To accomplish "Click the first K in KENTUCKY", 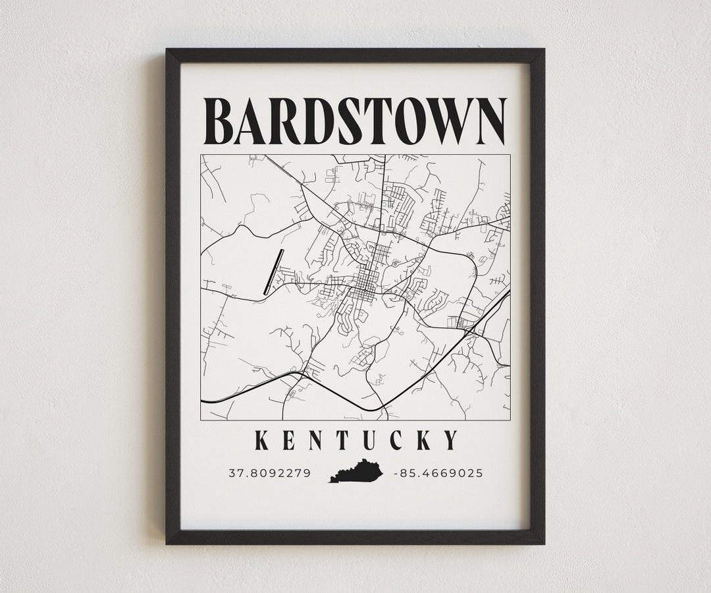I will point(262,440).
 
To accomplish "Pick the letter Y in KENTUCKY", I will point(451,440).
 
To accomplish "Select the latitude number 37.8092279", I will point(269,473).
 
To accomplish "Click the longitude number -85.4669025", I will point(438,473).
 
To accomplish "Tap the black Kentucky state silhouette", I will point(356,471).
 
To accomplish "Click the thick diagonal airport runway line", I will point(273,271).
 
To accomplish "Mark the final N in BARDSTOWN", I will point(487,121).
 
